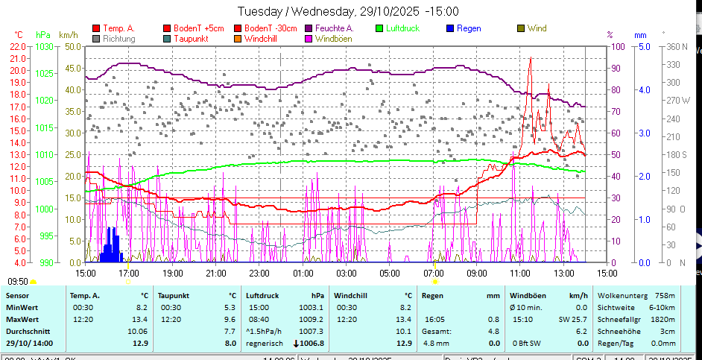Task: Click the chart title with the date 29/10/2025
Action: (x=348, y=11)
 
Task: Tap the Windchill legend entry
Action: (x=262, y=38)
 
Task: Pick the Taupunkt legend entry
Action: (x=190, y=38)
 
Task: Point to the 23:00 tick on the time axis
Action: (x=259, y=274)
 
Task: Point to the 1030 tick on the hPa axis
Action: (x=45, y=46)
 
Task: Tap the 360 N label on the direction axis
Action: (x=676, y=46)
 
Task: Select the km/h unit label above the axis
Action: (x=68, y=34)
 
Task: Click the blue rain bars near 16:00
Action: (x=110, y=246)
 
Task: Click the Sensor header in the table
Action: (x=17, y=296)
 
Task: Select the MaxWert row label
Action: (x=22, y=319)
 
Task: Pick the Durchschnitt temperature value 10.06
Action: (x=137, y=331)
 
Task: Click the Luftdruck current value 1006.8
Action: (x=309, y=343)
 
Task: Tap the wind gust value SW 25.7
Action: (x=572, y=319)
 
